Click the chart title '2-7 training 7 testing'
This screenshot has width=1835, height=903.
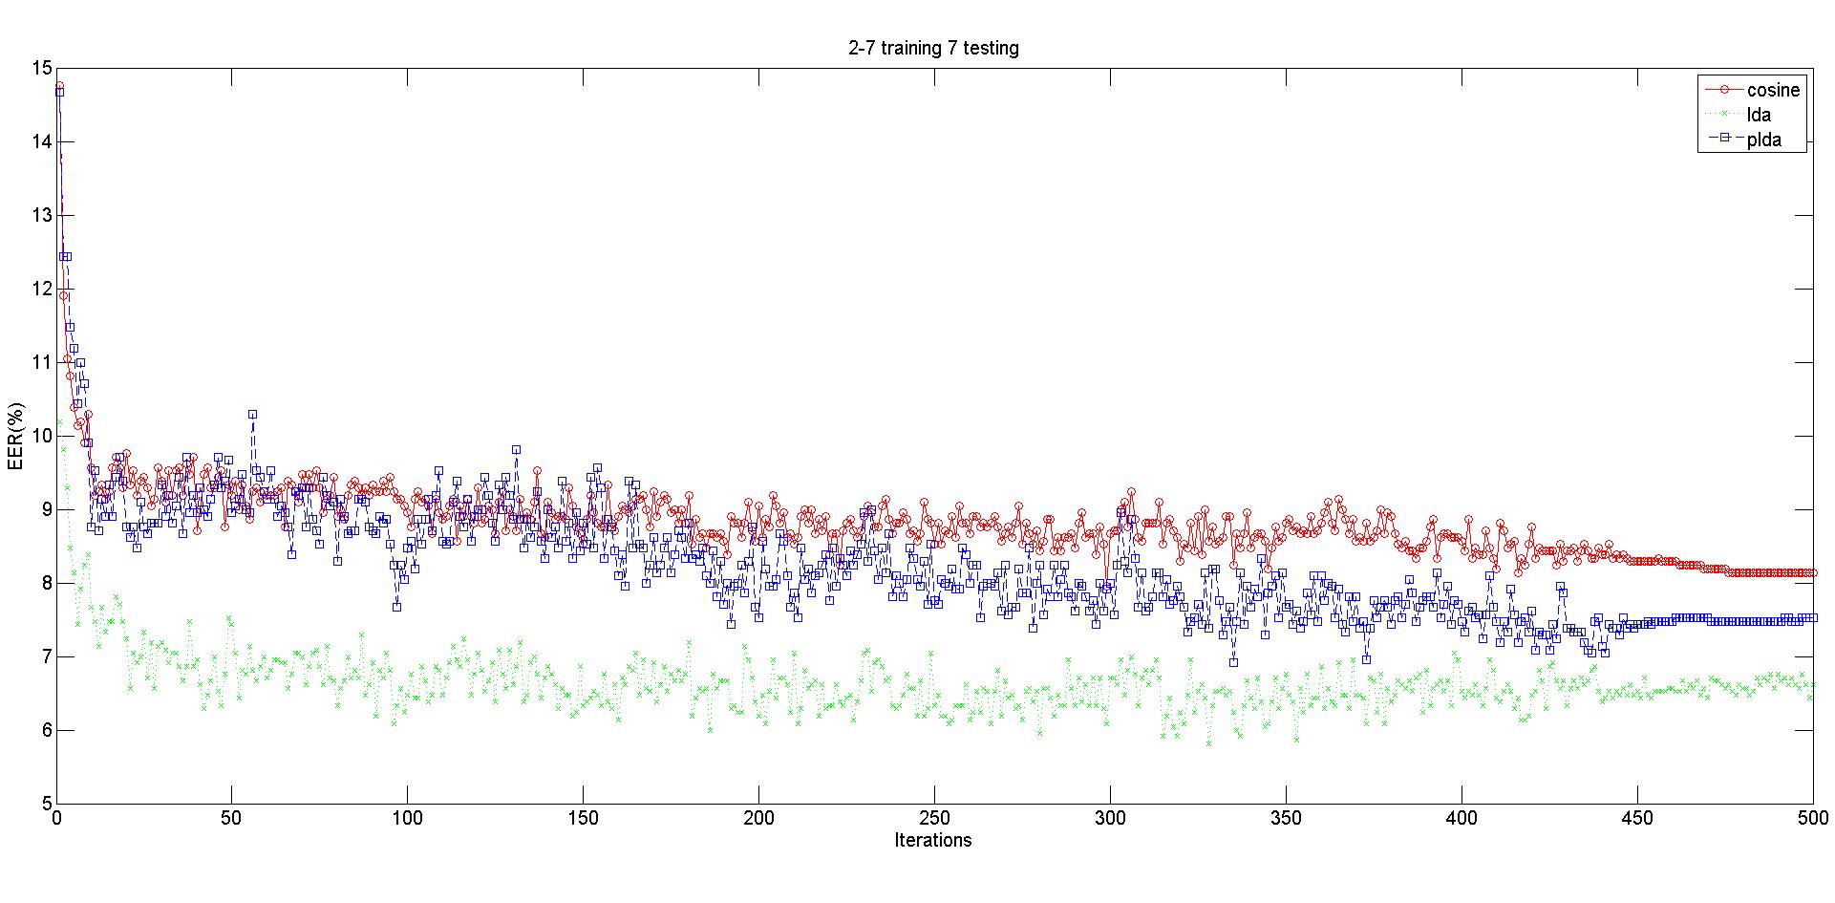[933, 48]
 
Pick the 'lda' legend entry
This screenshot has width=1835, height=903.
[1758, 116]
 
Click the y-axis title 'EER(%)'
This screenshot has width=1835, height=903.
[15, 436]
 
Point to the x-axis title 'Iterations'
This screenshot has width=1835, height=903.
[933, 840]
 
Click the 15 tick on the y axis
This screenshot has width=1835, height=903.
[41, 68]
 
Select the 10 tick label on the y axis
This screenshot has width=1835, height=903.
[41, 436]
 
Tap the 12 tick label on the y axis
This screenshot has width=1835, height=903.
[41, 289]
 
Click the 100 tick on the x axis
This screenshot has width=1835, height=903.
[408, 819]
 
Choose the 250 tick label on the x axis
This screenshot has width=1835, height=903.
[934, 819]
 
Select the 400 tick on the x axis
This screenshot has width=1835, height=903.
[1462, 819]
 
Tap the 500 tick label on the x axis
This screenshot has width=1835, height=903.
[1813, 819]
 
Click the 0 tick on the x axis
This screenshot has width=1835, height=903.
[57, 819]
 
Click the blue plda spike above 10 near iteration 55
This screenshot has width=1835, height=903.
[252, 415]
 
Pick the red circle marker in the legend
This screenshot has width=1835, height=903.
[1724, 90]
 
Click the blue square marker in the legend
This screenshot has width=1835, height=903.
[1724, 140]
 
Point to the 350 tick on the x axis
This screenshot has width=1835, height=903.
[1286, 819]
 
